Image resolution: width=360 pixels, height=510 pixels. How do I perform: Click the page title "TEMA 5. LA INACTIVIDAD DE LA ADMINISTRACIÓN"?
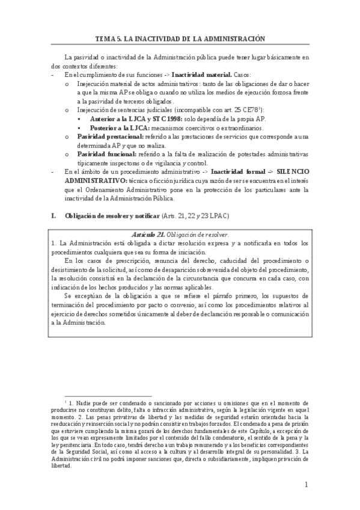click(x=180, y=38)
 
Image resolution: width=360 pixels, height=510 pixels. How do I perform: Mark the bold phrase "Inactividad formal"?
click(x=234, y=173)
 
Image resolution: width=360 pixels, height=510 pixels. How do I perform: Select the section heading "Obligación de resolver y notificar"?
click(x=112, y=216)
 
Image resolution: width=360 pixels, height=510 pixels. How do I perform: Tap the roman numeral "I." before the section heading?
click(x=53, y=216)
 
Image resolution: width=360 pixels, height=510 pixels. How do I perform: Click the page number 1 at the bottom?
click(x=306, y=485)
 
